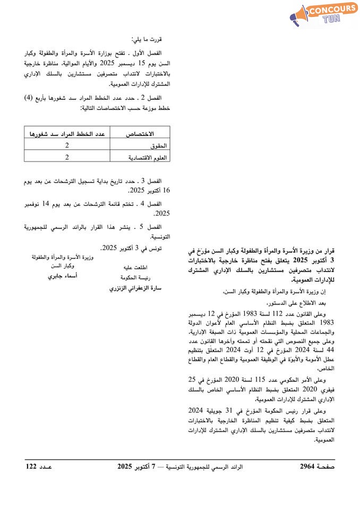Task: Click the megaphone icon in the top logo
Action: pos(299,16)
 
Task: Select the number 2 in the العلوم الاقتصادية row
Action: pos(67,157)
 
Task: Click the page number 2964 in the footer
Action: pos(307,466)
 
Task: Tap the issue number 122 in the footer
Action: pos(31,466)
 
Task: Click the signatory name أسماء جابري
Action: pos(63,277)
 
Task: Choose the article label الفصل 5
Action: pos(159,227)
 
